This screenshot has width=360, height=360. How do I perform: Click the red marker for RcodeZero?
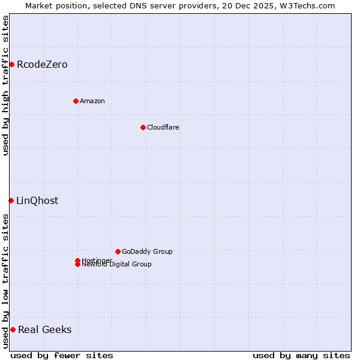coord(11,64)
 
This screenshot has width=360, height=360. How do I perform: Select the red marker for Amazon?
coord(76,101)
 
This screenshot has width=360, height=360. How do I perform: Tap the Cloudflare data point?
coord(143,127)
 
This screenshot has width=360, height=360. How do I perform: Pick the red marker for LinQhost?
coord(11,200)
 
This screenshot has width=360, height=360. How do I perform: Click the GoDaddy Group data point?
coord(118,251)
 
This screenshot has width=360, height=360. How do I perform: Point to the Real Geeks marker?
coord(13,329)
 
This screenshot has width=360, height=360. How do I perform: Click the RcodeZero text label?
coord(42,64)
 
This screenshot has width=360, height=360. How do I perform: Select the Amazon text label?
coord(92,101)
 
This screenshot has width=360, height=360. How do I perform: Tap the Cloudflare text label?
coord(163,127)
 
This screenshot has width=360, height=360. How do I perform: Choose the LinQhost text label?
coord(37,200)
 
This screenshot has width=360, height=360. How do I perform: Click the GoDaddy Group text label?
coord(147,251)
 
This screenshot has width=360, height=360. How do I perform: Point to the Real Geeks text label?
coord(45,329)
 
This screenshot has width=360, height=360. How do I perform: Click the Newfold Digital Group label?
coord(117,264)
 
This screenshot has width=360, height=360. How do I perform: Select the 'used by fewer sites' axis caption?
coord(62,355)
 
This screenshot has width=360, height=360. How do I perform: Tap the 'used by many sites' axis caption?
coord(301,355)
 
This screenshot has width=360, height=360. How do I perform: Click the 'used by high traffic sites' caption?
coord(5,85)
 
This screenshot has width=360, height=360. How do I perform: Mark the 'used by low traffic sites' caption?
coord(5,280)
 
